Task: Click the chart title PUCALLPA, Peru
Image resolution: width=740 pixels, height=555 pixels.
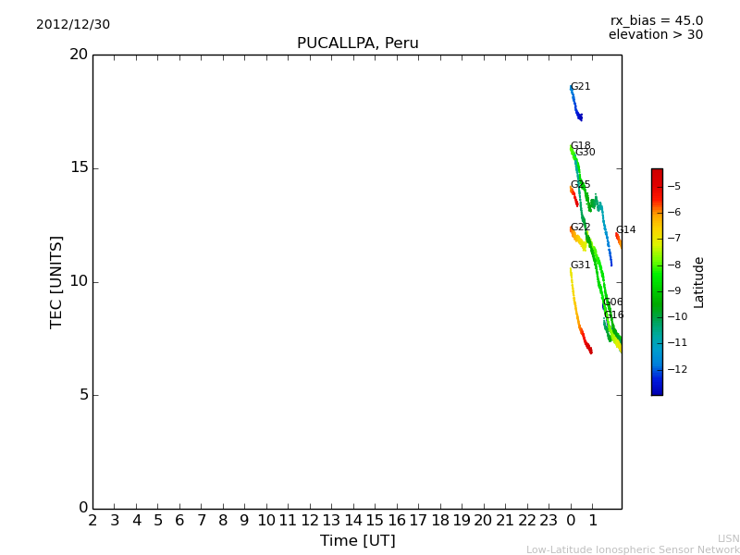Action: [357, 43]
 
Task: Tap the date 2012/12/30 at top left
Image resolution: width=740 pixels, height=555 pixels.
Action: [73, 25]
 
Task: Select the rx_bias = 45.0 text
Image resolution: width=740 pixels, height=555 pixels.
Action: [656, 21]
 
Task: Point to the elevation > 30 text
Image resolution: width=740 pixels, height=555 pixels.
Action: [655, 35]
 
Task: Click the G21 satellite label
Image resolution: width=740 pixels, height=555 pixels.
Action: [580, 87]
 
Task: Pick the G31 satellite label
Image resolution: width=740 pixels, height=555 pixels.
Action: [580, 265]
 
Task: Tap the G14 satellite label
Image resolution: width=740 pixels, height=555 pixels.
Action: [625, 230]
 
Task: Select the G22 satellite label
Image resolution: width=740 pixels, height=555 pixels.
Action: [580, 228]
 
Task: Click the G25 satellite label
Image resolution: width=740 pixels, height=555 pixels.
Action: [580, 185]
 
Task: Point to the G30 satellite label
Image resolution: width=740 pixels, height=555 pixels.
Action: [586, 153]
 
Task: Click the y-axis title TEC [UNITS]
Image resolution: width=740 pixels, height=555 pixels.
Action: [56, 281]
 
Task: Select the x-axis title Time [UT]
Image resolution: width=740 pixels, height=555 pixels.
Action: [357, 541]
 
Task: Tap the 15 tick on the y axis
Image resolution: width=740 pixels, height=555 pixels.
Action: [80, 168]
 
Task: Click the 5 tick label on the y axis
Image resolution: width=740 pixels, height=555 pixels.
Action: [83, 395]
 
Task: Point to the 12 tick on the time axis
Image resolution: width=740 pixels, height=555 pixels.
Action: [310, 521]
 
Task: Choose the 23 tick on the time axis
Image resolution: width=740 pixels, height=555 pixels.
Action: [549, 521]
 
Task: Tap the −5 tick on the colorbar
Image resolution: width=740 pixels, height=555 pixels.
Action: [674, 187]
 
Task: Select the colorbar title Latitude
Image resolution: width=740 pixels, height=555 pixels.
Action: [699, 282]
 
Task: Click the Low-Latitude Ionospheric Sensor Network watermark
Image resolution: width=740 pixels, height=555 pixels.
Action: [633, 550]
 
